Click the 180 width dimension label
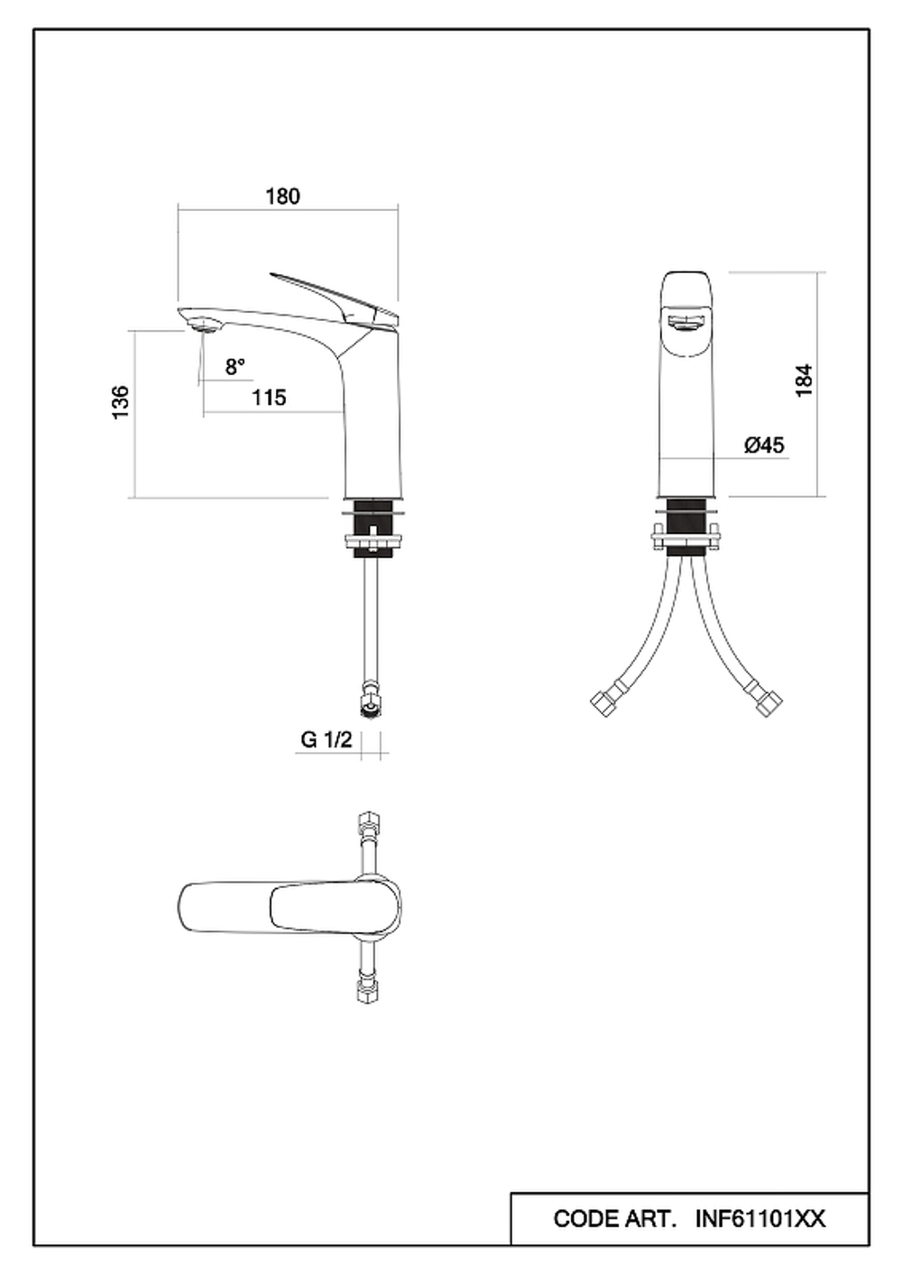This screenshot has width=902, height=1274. (x=282, y=197)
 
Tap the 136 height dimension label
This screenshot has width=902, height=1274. (x=121, y=403)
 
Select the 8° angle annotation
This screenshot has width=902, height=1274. (x=235, y=367)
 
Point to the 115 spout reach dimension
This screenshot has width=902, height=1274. (x=269, y=398)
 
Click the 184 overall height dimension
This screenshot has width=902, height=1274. (x=804, y=380)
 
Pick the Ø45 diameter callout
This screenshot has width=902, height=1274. (x=764, y=445)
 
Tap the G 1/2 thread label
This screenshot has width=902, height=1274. (x=327, y=739)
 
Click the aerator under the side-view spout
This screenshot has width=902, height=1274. (x=204, y=326)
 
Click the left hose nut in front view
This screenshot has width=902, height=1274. (x=603, y=703)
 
